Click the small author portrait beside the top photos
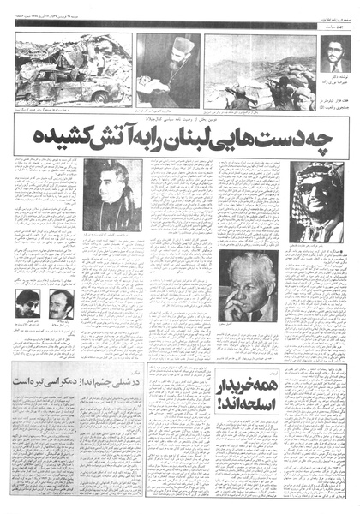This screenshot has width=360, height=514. pos(333,55)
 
